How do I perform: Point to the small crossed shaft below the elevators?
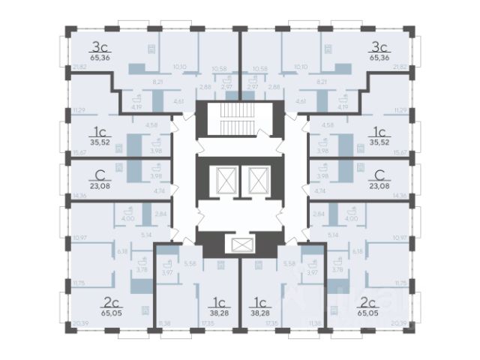pyautogui.click(x=240, y=245)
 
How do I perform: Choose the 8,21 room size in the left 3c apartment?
pyautogui.click(x=158, y=80)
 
